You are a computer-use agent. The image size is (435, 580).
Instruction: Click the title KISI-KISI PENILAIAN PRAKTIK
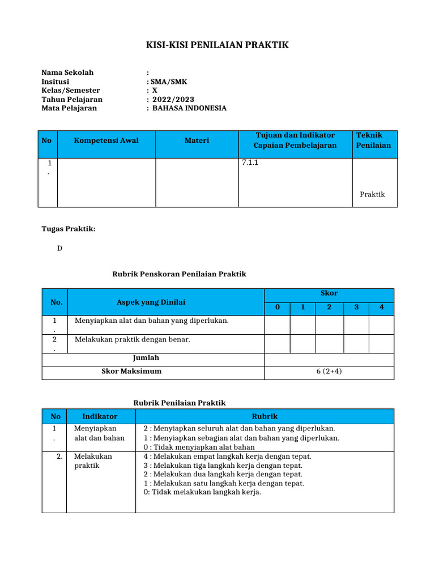(217, 45)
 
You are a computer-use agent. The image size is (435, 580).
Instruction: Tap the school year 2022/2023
(170, 99)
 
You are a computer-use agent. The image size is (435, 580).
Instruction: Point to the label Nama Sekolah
(67, 72)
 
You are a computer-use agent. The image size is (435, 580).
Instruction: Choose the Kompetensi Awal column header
(106, 140)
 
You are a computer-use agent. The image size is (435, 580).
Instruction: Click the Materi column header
(197, 140)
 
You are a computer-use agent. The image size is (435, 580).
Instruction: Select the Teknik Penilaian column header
(373, 140)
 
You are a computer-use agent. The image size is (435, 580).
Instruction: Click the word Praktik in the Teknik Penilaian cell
(372, 194)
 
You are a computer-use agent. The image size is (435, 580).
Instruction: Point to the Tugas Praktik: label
(69, 229)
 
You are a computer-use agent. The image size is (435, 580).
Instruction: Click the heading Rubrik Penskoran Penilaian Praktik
(180, 274)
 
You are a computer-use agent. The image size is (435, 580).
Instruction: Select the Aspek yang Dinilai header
(151, 302)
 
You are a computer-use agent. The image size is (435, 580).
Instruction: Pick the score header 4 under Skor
(381, 308)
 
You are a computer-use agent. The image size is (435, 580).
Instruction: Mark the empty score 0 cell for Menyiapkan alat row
(278, 325)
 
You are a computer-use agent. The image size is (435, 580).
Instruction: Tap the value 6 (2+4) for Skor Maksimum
(329, 372)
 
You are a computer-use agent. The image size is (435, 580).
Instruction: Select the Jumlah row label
(146, 358)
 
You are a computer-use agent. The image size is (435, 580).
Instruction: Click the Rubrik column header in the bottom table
(265, 416)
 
